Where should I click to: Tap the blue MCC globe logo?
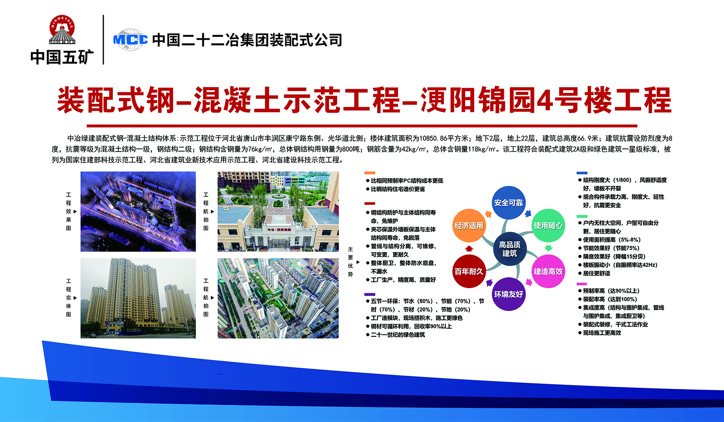pyautogui.click(x=130, y=40)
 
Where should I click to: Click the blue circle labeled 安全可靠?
pyautogui.click(x=508, y=203)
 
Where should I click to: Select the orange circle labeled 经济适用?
pyautogui.click(x=469, y=226)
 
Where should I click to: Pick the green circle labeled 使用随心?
pyautogui.click(x=548, y=226)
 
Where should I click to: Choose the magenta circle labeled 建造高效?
pyautogui.click(x=548, y=271)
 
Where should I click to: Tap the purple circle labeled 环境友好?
pyautogui.click(x=509, y=294)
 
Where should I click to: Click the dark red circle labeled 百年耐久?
pyautogui.click(x=469, y=271)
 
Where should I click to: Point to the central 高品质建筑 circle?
pyautogui.click(x=509, y=249)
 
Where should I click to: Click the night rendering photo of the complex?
pyautogui.click(x=138, y=211)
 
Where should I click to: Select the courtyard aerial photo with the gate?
pyautogui.click(x=278, y=211)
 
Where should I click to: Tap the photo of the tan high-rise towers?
pyautogui.click(x=138, y=298)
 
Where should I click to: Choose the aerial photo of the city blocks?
pyautogui.click(x=278, y=298)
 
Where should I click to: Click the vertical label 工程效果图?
pyautogui.click(x=69, y=211)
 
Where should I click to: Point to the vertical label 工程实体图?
pyautogui.click(x=69, y=298)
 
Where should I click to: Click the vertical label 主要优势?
pyautogui.click(x=350, y=261)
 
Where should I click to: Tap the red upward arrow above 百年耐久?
pyautogui.click(x=469, y=248)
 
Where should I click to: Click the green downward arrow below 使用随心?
pyautogui.click(x=549, y=248)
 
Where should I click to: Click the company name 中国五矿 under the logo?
pyautogui.click(x=62, y=57)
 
